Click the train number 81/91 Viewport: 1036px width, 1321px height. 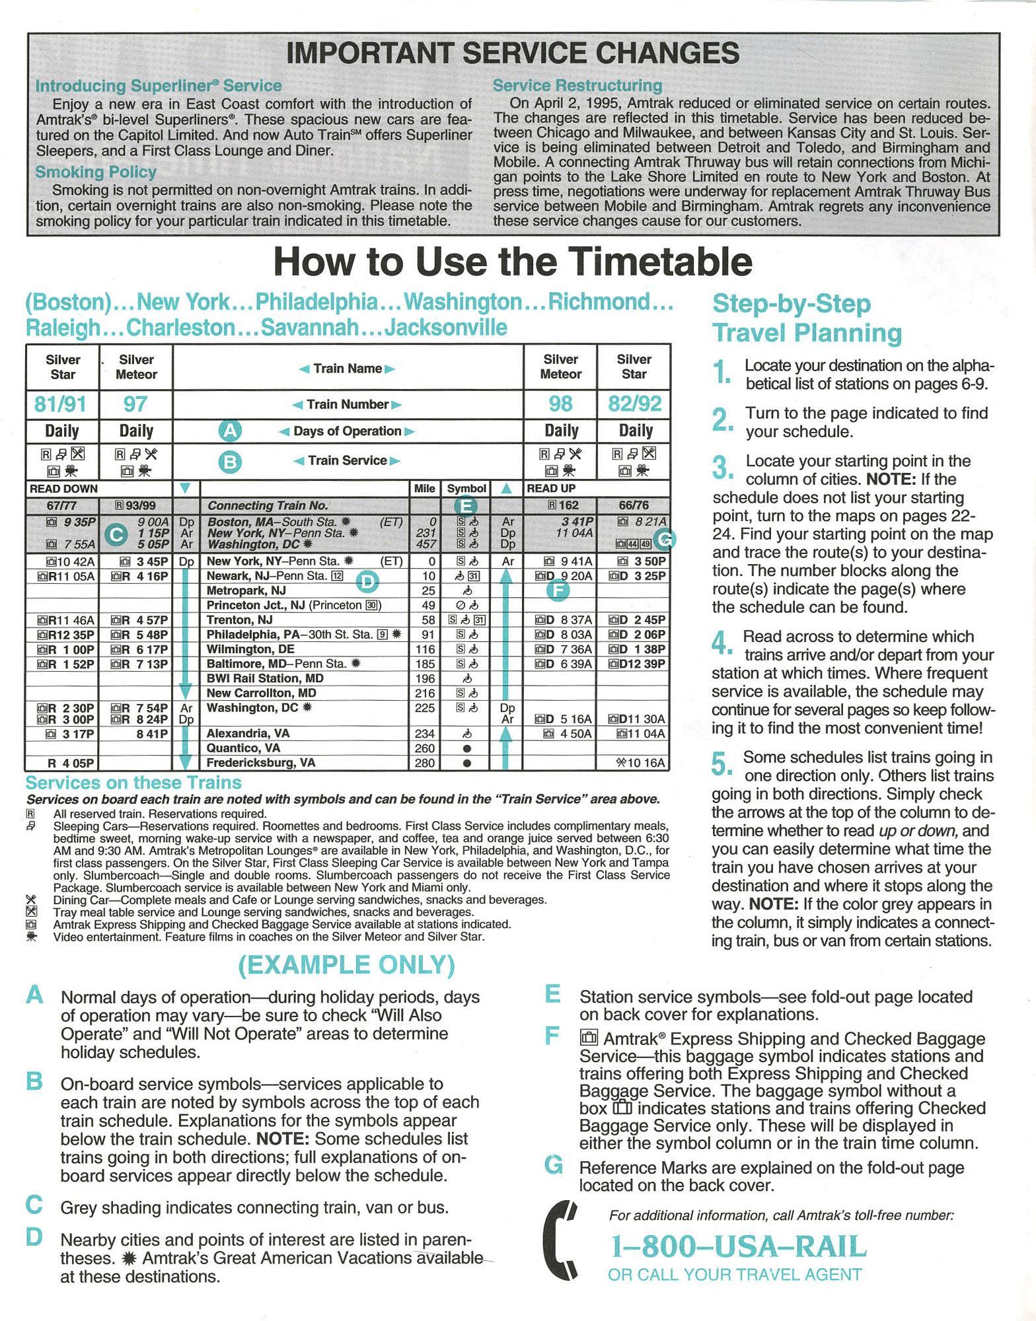click(x=62, y=404)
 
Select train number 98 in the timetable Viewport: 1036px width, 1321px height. click(x=560, y=404)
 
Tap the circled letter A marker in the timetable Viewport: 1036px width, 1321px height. click(x=230, y=431)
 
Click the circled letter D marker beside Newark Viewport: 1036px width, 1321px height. click(x=367, y=581)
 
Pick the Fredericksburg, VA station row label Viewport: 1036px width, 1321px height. click(x=260, y=763)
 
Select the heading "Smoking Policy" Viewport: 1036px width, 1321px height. click(x=96, y=172)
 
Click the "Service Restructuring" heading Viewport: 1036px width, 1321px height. click(x=577, y=86)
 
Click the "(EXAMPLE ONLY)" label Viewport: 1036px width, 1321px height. click(x=346, y=965)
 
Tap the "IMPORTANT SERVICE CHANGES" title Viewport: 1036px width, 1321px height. click(x=513, y=53)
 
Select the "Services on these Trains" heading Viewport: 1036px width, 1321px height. click(x=133, y=783)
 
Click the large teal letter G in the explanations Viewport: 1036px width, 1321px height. click(x=554, y=1165)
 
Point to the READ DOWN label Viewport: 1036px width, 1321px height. click(x=63, y=489)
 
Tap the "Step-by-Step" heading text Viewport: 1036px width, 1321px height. click(x=792, y=304)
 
